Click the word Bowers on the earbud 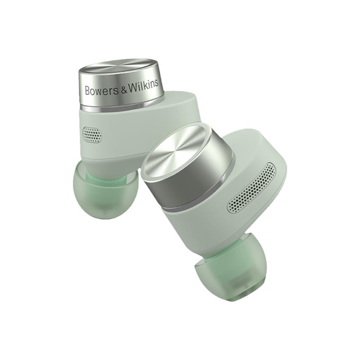tap(102, 90)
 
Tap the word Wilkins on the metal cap tap(143, 85)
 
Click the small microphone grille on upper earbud tap(92, 134)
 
